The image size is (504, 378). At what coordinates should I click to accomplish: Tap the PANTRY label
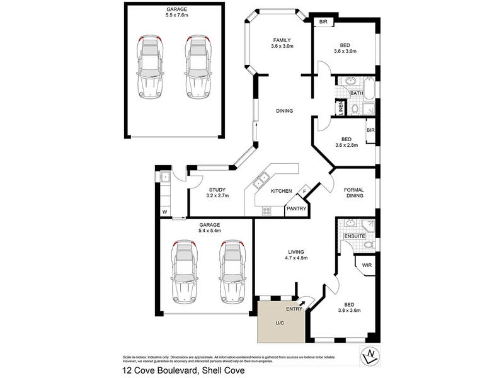296,209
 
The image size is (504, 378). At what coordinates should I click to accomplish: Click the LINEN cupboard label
340,108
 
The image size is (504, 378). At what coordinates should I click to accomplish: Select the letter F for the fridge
305,192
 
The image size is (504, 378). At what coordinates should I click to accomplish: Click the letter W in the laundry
164,212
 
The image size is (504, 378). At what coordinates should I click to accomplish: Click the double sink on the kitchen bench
261,181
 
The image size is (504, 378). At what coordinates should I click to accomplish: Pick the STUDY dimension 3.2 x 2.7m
217,196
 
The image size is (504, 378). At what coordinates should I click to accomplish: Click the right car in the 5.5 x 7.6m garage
197,67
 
